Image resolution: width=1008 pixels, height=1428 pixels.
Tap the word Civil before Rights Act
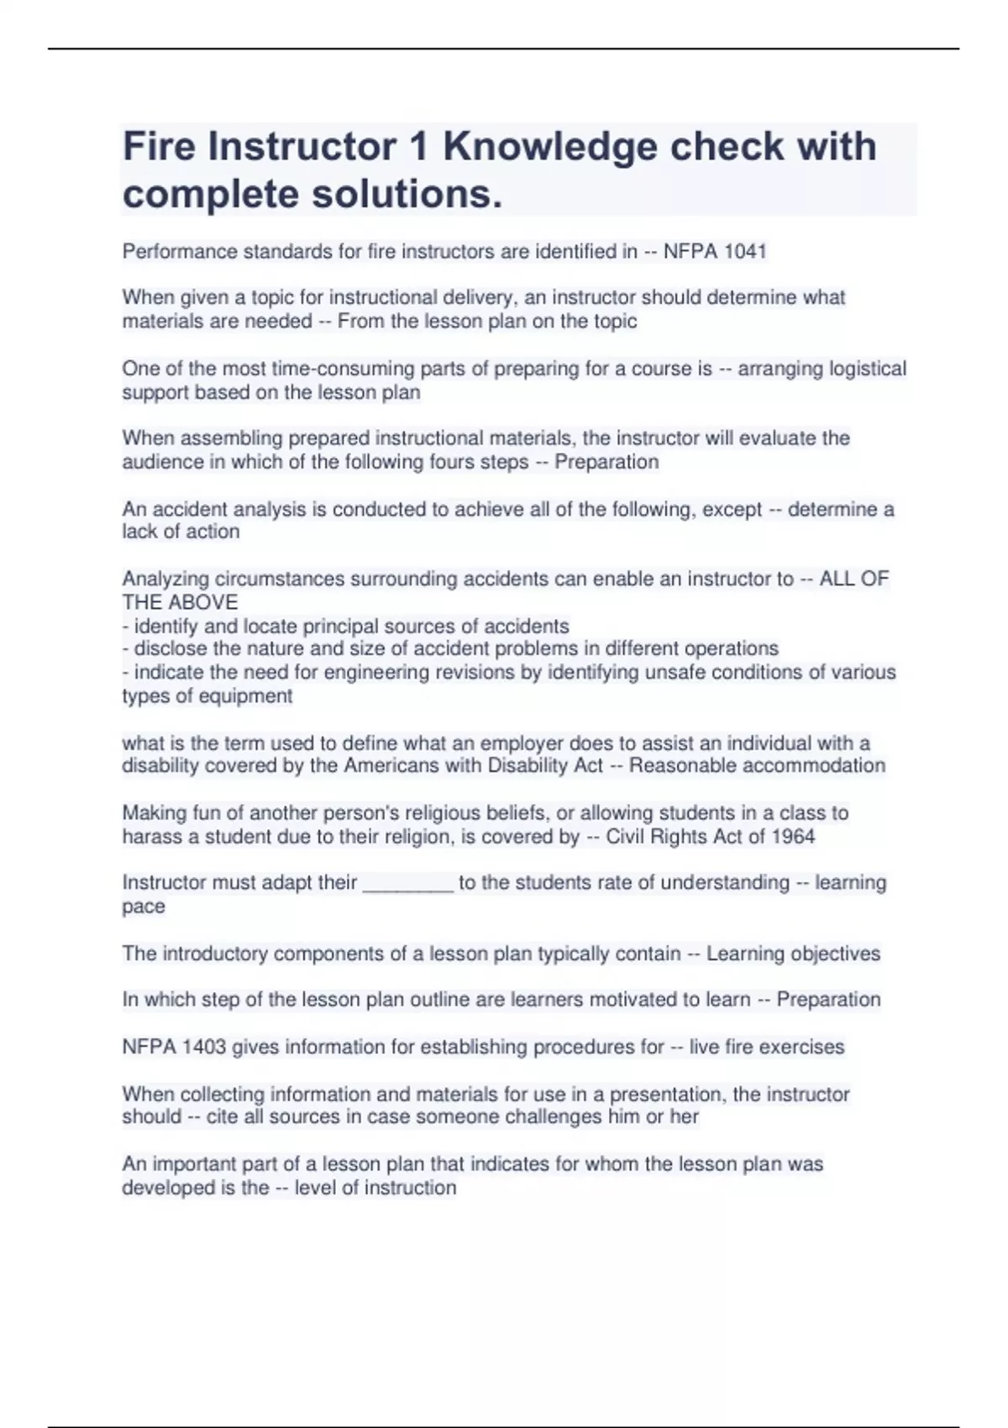click(627, 837)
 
